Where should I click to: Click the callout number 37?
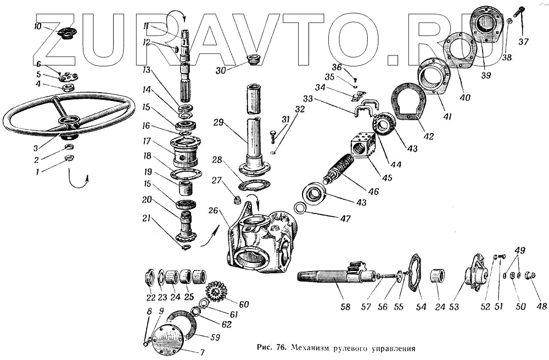pyautogui.click(x=523, y=42)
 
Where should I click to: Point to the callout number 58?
pyautogui.click(x=345, y=307)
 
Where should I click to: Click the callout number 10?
pyautogui.click(x=37, y=27)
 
